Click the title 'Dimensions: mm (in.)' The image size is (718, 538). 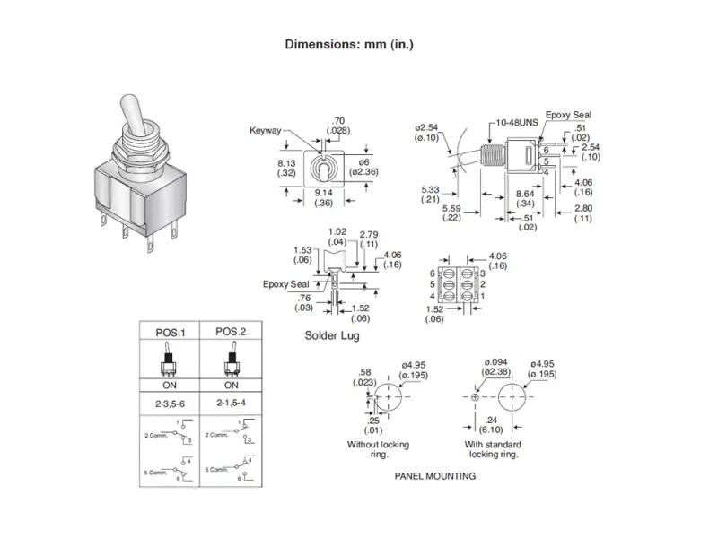(x=349, y=44)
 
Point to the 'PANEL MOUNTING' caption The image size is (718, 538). (x=435, y=476)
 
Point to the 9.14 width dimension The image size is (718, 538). (x=326, y=194)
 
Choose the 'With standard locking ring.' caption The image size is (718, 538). (x=493, y=449)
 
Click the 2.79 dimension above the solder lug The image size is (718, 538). (x=368, y=235)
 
